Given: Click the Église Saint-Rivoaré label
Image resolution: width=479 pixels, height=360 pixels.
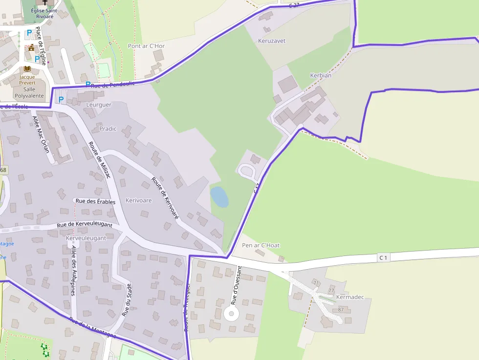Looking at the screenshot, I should pyautogui.click(x=44, y=13).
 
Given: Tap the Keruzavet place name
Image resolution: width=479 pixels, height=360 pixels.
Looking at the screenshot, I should pyautogui.click(x=272, y=41).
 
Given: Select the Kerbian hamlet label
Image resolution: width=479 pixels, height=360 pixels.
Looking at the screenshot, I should pyautogui.click(x=321, y=75).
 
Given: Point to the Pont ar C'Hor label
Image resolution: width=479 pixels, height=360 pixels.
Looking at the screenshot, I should pyautogui.click(x=146, y=46).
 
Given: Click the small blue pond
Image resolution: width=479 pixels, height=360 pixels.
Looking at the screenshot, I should pyautogui.click(x=219, y=196).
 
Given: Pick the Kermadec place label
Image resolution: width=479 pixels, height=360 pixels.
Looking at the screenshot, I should pyautogui.click(x=350, y=297).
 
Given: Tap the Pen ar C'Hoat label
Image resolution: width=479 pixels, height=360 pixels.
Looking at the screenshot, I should pyautogui.click(x=261, y=245).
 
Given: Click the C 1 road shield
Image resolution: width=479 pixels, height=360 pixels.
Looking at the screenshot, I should pyautogui.click(x=383, y=257).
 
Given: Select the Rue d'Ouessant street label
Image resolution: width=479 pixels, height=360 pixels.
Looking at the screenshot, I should pyautogui.click(x=236, y=285).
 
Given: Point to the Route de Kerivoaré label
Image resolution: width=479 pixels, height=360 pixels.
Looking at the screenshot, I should pyautogui.click(x=165, y=197).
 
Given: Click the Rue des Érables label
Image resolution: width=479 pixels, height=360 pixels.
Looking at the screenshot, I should pyautogui.click(x=95, y=201).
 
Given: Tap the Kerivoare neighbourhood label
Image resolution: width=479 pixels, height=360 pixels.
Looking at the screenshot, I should pyautogui.click(x=138, y=201).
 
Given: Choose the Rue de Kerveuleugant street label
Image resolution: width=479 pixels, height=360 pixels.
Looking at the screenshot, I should pyautogui.click(x=85, y=225).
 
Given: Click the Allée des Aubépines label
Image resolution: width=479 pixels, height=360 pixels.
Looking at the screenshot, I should pyautogui.click(x=73, y=271).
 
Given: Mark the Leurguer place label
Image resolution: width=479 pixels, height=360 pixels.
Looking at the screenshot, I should pyautogui.click(x=98, y=105).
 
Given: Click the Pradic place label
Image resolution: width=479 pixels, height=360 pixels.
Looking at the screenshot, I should pyautogui.click(x=108, y=128).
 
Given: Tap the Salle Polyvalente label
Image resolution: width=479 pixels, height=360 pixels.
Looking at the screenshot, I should pyautogui.click(x=29, y=93).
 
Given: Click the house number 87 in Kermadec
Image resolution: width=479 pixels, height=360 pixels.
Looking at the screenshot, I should pyautogui.click(x=341, y=310).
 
